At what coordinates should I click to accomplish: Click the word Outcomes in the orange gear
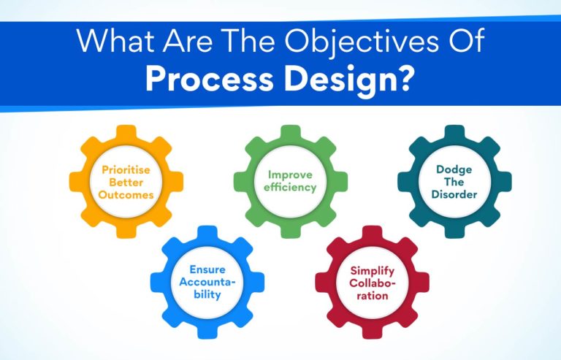(x=126, y=195)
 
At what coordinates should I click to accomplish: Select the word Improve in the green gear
(x=290, y=175)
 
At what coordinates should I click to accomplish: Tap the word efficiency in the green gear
(x=290, y=188)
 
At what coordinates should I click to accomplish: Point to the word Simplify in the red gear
(x=372, y=270)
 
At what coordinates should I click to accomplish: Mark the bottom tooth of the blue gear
(x=207, y=334)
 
